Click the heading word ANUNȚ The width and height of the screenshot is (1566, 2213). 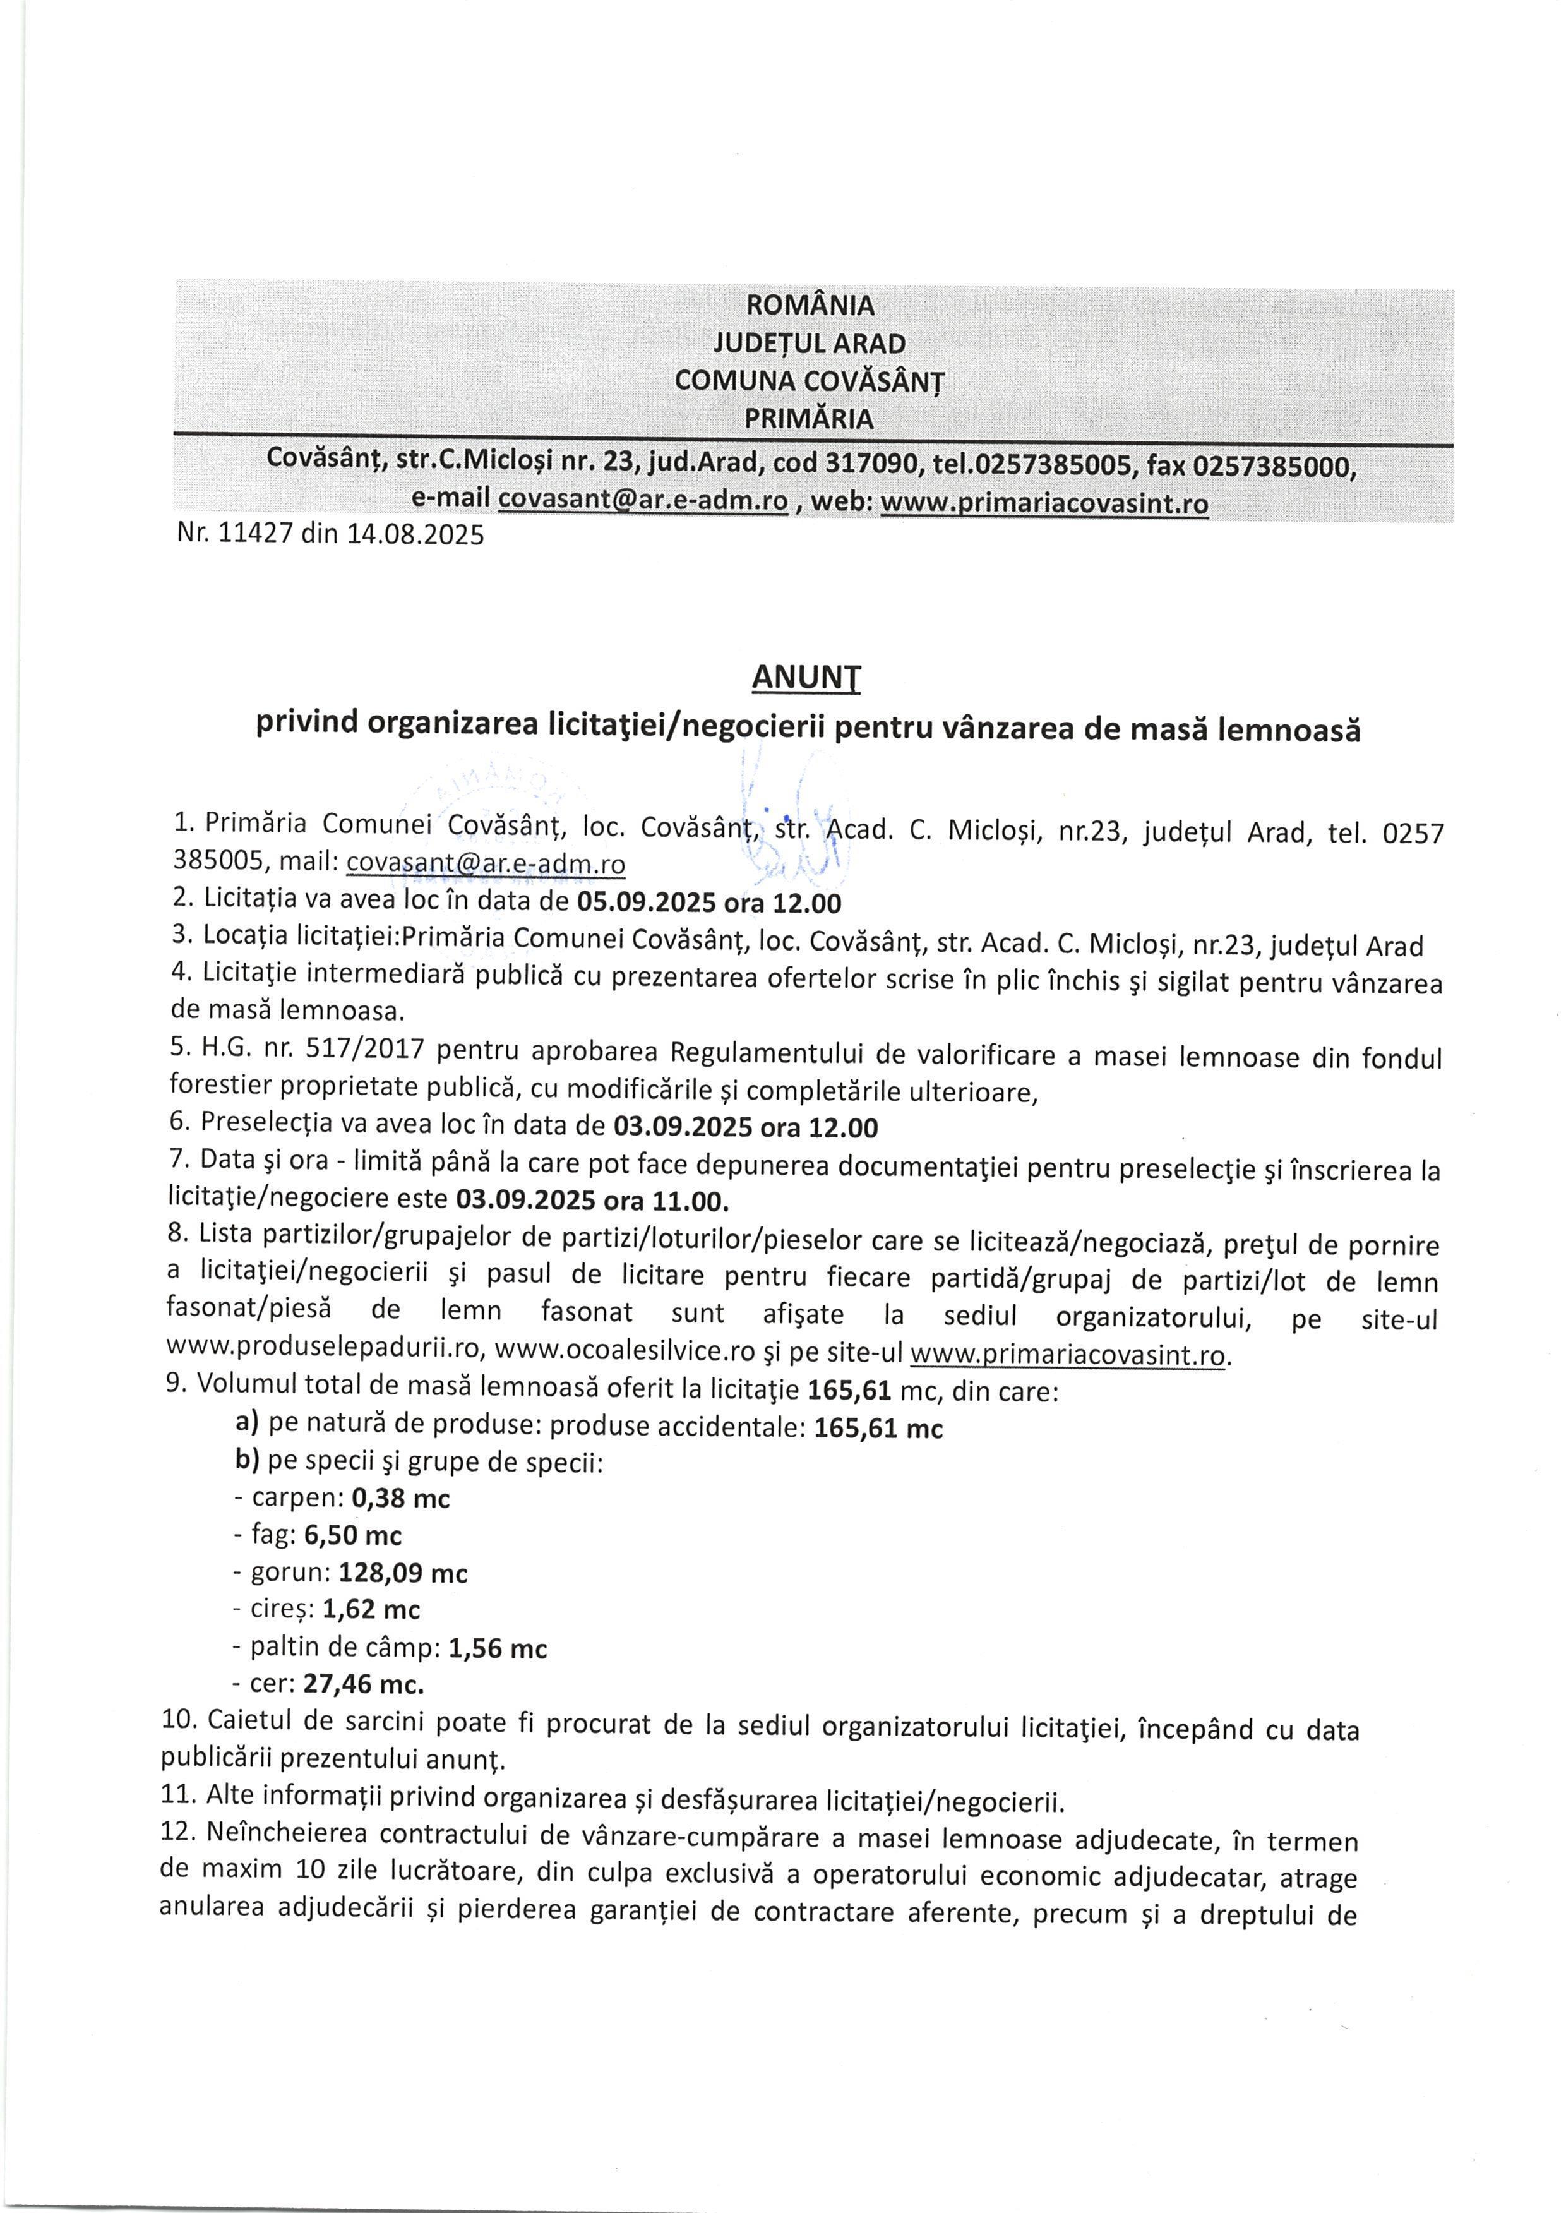tap(806, 679)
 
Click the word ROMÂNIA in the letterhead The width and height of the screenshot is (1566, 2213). tap(811, 306)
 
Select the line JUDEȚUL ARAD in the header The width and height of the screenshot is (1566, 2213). tap(810, 344)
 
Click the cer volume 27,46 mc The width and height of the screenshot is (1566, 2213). tap(364, 1684)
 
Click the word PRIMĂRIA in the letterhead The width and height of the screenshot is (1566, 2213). tap(810, 419)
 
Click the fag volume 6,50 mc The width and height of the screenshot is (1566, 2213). tap(353, 1535)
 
